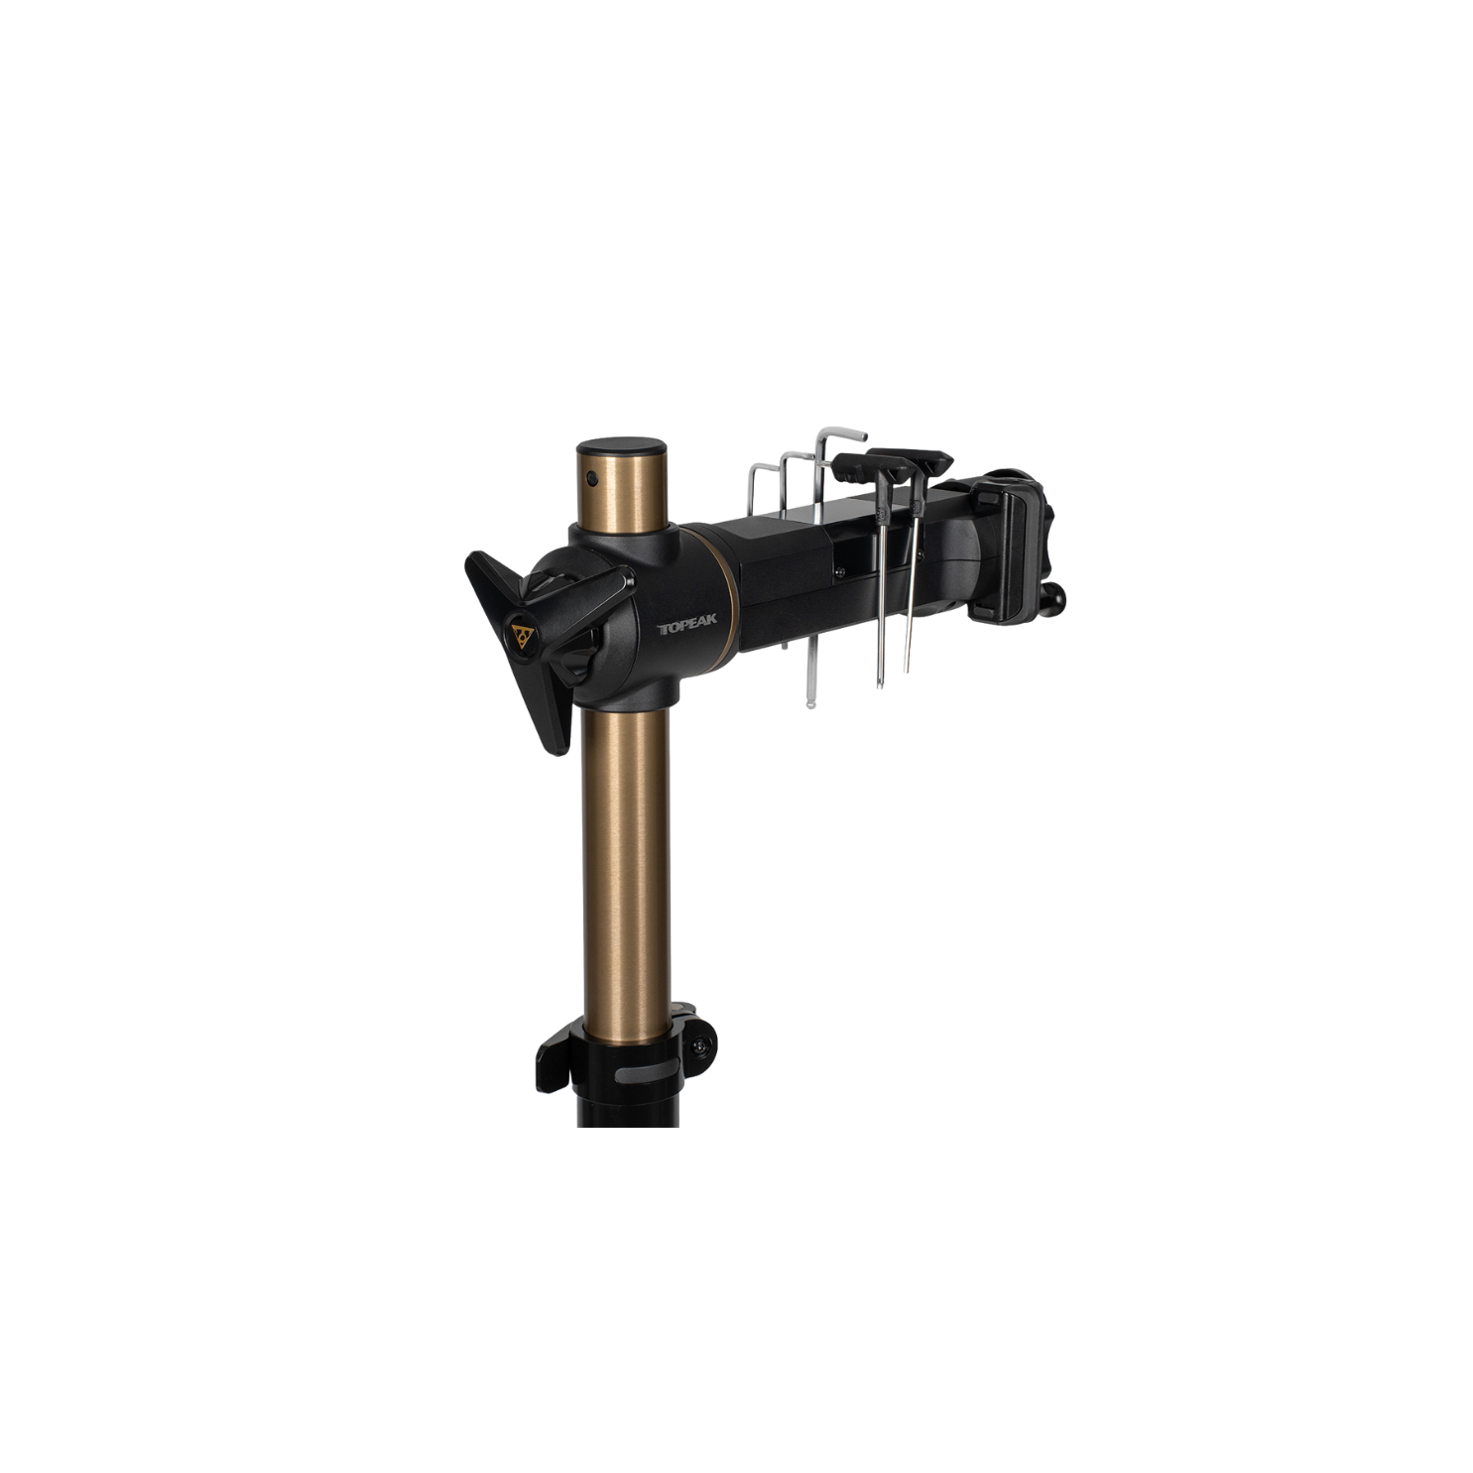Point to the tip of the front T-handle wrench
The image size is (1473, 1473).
coord(880,683)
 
